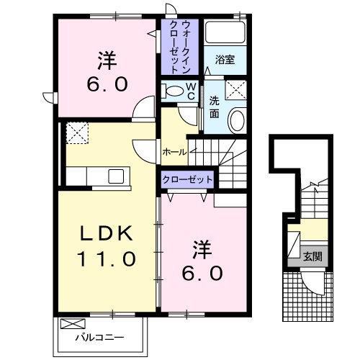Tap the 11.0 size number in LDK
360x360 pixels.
106,258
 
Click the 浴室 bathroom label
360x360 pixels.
225,60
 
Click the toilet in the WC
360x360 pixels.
173,91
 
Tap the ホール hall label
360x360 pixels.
175,152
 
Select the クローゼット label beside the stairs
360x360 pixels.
187,179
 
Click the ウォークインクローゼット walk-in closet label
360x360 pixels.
180,45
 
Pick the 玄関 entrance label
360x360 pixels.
311,256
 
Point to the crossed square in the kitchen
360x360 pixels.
76,132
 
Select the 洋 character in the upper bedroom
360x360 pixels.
107,58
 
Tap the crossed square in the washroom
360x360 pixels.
235,89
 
